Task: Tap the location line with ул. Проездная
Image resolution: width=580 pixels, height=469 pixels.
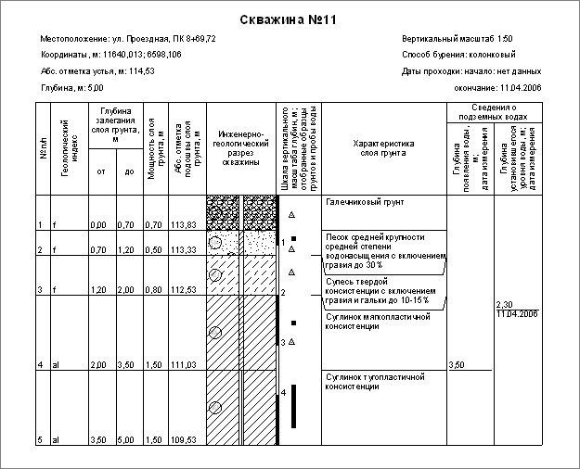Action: coord(128,40)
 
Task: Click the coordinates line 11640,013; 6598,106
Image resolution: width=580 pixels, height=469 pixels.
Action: coord(116,56)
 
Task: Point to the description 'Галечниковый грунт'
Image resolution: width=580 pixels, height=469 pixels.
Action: coord(365,202)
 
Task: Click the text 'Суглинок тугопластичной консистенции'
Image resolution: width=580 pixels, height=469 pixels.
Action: coord(373,382)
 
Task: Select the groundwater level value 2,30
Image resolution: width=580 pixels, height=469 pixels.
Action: coord(505,305)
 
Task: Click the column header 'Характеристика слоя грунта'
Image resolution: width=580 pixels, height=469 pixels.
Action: coord(383,149)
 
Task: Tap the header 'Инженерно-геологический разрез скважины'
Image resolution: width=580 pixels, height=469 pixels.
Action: coord(239,148)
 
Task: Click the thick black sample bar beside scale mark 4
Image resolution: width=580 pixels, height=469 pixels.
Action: coord(293,406)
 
